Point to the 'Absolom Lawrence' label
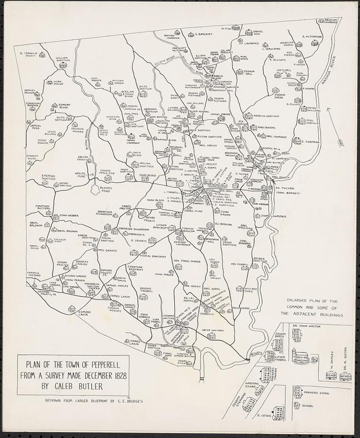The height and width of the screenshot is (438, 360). (336, 21)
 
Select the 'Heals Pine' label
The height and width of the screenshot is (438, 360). (81, 175)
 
